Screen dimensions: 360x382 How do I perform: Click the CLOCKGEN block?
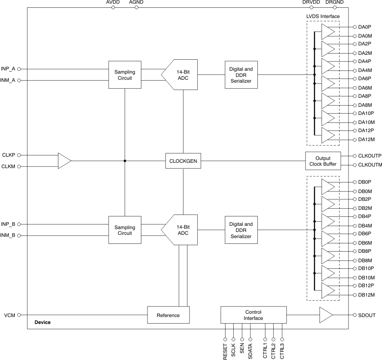coord(183,161)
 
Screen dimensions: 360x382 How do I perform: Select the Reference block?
coord(168,315)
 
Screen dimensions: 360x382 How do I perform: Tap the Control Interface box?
coord(253,315)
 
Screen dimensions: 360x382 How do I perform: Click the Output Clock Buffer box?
coord(323,161)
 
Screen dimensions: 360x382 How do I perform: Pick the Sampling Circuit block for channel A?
coord(125,75)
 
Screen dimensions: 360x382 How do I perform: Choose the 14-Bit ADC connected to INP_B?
coord(180,230)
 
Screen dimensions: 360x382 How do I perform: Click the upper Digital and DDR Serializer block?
coord(241,75)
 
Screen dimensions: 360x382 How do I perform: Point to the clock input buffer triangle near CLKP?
coord(64,161)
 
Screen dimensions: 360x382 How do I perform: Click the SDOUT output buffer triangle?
coord(326,315)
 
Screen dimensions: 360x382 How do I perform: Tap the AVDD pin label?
coord(113,2)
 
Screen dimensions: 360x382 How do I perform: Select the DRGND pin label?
coord(335,2)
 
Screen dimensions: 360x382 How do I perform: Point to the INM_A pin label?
coord(8,81)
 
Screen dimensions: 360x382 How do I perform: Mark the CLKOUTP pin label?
coord(370,156)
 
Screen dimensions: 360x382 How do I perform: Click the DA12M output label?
coord(366,140)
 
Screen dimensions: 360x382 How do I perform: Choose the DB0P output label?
coord(365,182)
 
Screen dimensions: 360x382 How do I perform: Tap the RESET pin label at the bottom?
coord(225,351)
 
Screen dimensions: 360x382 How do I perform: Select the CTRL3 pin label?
coord(282,351)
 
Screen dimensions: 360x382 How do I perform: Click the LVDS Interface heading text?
coord(323,16)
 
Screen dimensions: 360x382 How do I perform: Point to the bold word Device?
coord(42,322)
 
